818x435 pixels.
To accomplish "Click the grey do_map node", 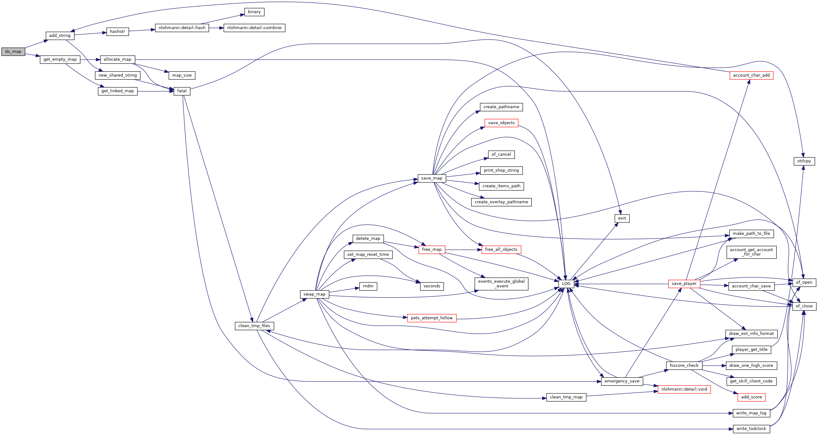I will click(13, 51).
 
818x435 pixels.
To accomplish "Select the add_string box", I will click(60, 36).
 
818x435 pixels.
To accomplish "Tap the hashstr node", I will click(117, 32).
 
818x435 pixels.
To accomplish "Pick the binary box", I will click(254, 12).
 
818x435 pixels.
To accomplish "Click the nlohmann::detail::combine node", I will click(254, 28).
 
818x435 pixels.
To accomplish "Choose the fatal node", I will click(182, 91).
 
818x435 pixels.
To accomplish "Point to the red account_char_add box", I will click(751, 75).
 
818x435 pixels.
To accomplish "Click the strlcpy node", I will click(804, 161).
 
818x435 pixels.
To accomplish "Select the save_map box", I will click(432, 178).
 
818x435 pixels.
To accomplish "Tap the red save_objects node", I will click(501, 123).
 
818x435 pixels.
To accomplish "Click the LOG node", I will click(566, 284).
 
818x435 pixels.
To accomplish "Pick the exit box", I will click(622, 218).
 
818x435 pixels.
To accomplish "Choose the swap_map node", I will click(314, 294).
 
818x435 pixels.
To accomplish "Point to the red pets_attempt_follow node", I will click(432, 318).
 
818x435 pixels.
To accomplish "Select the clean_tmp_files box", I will click(254, 326).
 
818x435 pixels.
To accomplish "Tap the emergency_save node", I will click(622, 381).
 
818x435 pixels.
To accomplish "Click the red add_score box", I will click(751, 397).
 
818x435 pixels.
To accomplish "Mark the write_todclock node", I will click(751, 429).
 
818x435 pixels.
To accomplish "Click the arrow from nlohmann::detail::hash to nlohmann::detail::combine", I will click(216, 28).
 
